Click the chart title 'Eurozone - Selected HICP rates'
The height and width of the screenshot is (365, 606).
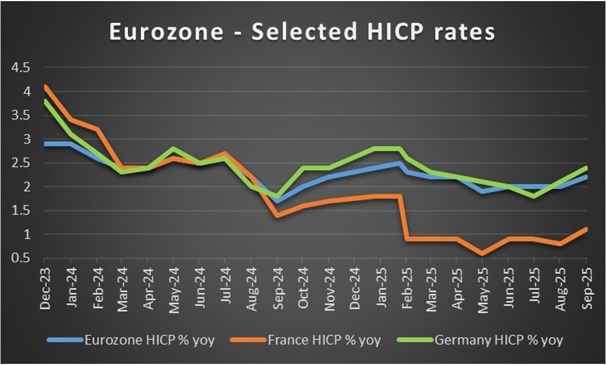coord(302,32)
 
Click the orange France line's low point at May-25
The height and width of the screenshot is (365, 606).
coord(483,253)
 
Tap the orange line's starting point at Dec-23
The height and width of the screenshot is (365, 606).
coord(45,86)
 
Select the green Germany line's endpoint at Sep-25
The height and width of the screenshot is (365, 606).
coord(586,167)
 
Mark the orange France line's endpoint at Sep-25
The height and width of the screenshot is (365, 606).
coord(586,229)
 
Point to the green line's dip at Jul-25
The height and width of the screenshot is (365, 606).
coord(534,196)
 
